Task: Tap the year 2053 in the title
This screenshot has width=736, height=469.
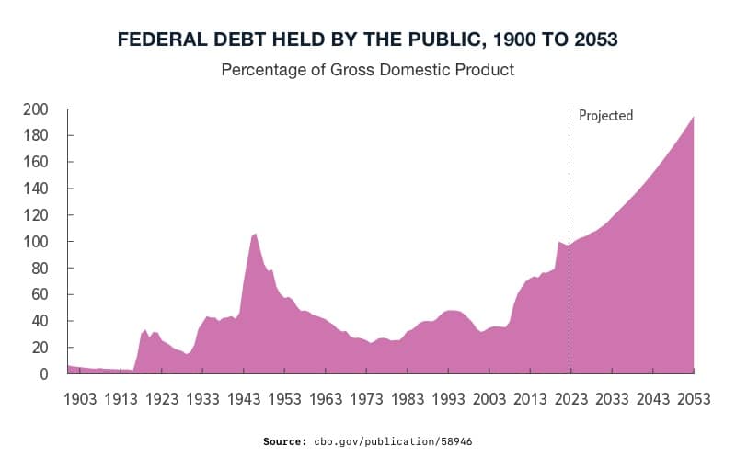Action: pyautogui.click(x=590, y=40)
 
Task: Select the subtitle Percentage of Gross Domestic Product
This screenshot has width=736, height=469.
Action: pyautogui.click(x=367, y=70)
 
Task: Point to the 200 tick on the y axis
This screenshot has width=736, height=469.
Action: pyautogui.click(x=35, y=109)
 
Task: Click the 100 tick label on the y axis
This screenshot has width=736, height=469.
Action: pyautogui.click(x=35, y=242)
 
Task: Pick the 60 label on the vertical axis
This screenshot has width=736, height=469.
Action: pyautogui.click(x=39, y=295)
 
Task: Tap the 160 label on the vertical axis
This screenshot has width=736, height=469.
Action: pyautogui.click(x=35, y=163)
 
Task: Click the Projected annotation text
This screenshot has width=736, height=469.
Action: pyautogui.click(x=605, y=116)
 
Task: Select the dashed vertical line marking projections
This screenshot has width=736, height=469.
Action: pyautogui.click(x=569, y=184)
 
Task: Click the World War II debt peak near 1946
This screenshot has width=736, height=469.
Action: pyautogui.click(x=255, y=234)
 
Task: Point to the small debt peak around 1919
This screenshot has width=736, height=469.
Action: pyautogui.click(x=144, y=330)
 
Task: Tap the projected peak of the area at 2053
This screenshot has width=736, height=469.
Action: pyautogui.click(x=692, y=118)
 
